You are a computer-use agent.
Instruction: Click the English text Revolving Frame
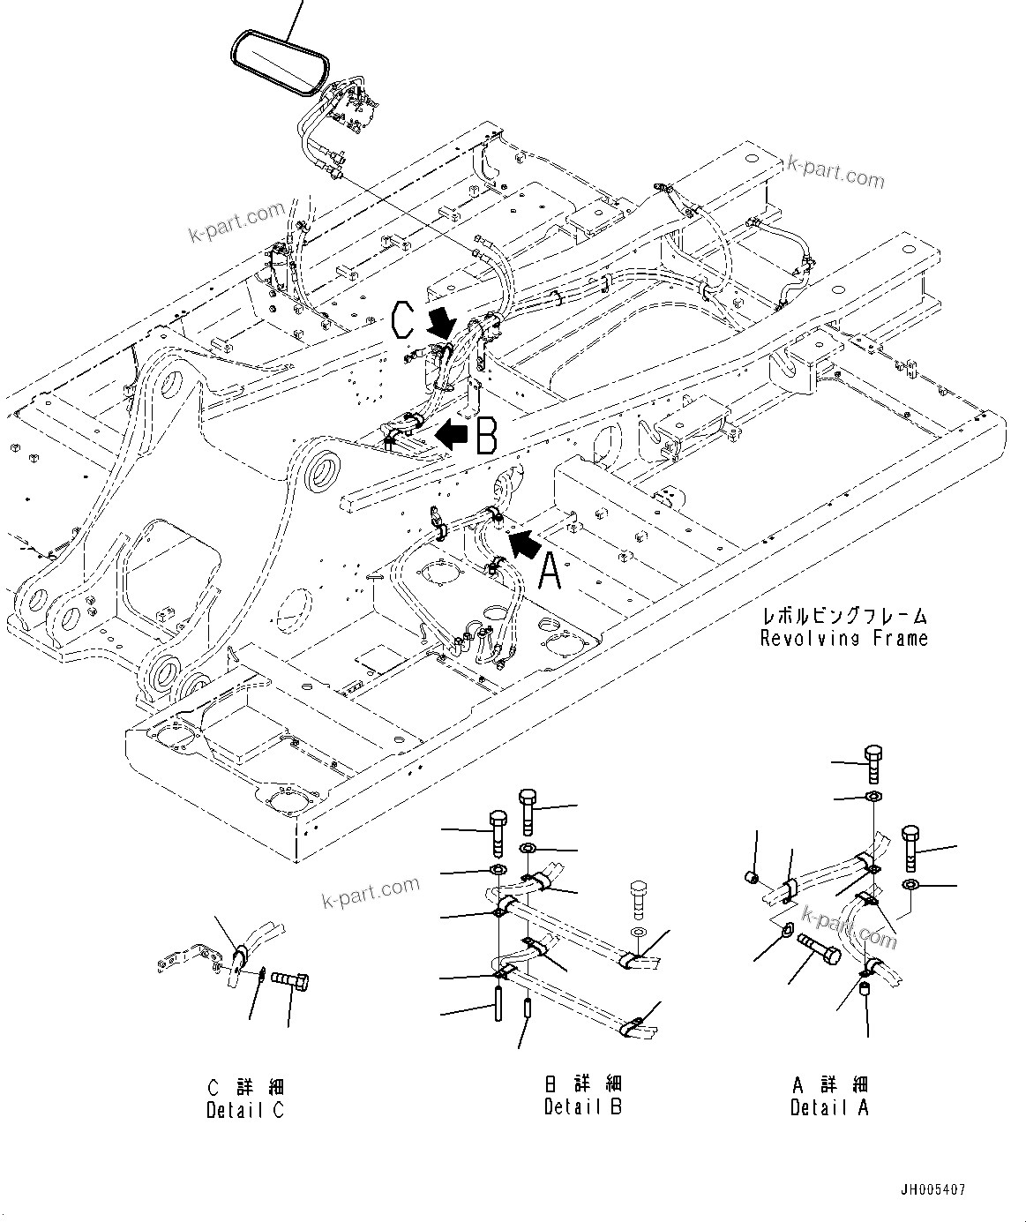pyautogui.click(x=844, y=638)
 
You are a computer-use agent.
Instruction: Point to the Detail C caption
pyautogui.click(x=245, y=1110)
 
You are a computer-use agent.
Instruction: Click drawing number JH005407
pyautogui.click(x=933, y=1190)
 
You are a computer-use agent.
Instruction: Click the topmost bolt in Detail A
pyautogui.click(x=872, y=764)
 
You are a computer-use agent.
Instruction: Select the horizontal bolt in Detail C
pyautogui.click(x=292, y=979)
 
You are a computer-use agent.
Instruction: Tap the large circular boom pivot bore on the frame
pyautogui.click(x=324, y=469)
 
